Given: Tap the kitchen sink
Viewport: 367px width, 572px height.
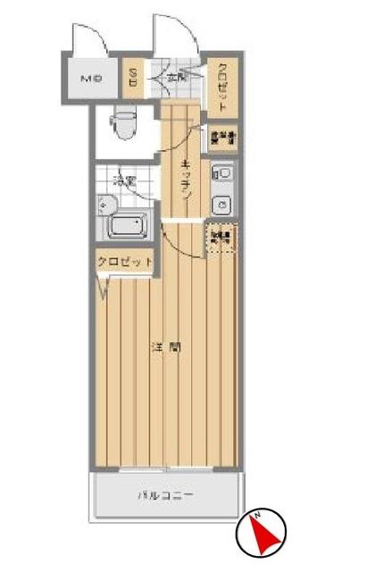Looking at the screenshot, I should pyautogui.click(x=223, y=172).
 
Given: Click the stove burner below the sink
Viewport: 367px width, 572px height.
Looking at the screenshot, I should pyautogui.click(x=223, y=205).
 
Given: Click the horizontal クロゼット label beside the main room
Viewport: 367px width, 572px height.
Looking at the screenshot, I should pyautogui.click(x=125, y=261).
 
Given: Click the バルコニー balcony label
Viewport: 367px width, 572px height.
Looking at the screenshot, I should pyautogui.click(x=165, y=494).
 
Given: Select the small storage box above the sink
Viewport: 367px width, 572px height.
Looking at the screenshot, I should pyautogui.click(x=221, y=138).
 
